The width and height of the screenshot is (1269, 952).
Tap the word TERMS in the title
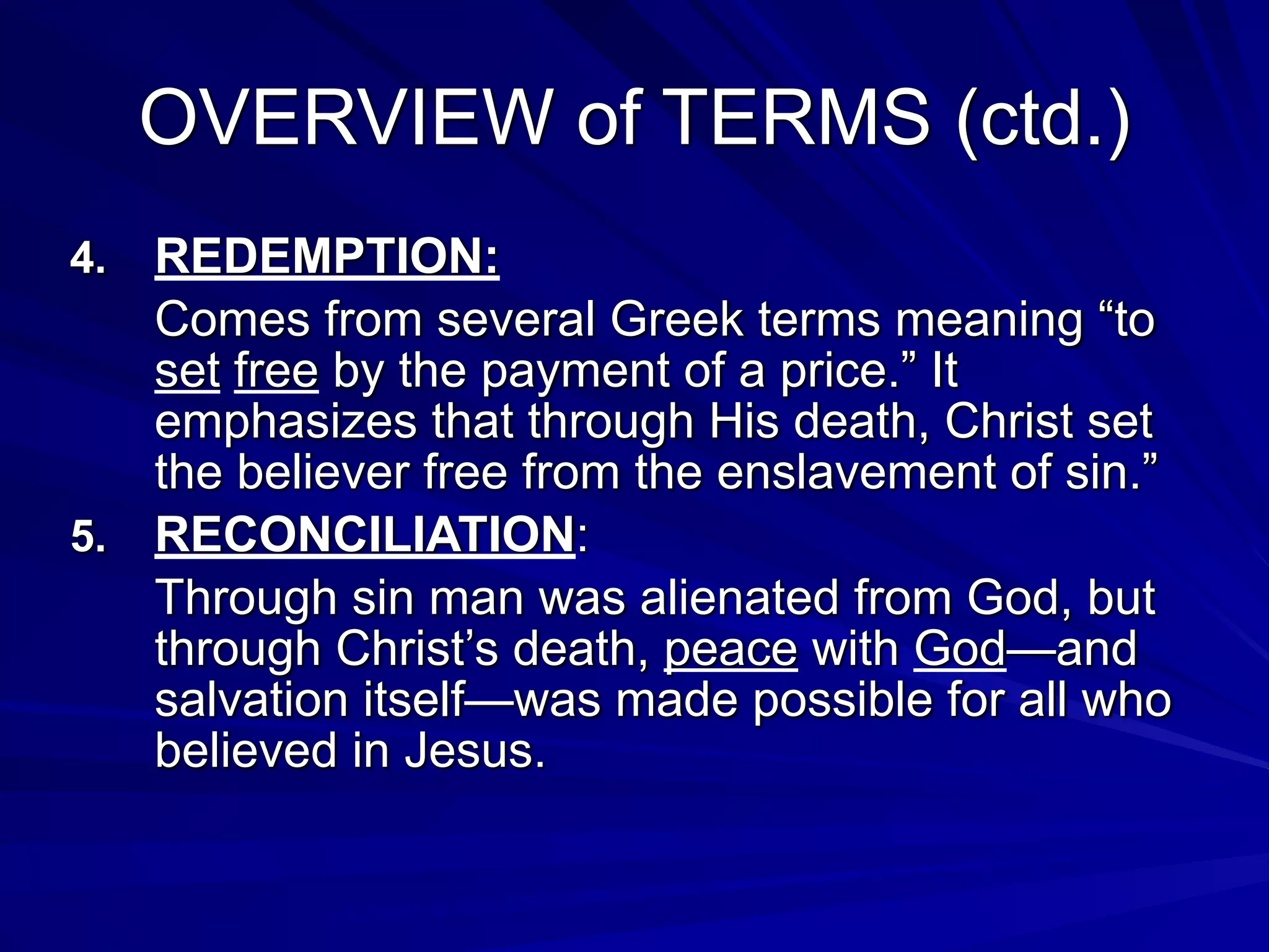799,118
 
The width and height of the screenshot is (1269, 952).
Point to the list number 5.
88,536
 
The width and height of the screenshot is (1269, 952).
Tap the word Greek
676,320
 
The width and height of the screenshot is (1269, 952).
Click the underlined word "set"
187,371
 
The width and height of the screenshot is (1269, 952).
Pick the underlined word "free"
276,371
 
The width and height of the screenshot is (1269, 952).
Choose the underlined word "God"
959,649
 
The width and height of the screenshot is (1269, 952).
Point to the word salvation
252,700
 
